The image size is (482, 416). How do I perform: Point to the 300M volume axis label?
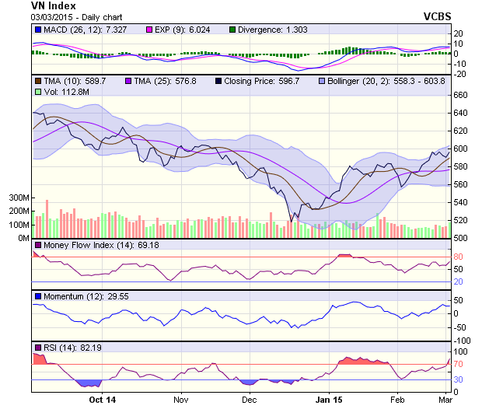click(x=18, y=198)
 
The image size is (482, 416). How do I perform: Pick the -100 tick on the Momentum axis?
click(x=463, y=341)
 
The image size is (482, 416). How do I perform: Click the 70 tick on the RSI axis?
click(x=459, y=363)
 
